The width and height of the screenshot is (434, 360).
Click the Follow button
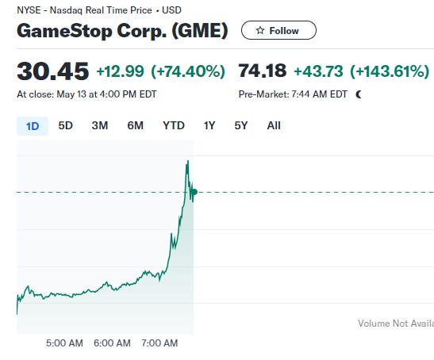tap(278, 30)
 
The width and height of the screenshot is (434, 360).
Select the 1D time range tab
tap(33, 125)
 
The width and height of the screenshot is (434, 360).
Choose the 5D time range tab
tap(66, 125)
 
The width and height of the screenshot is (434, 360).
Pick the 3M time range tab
tap(100, 125)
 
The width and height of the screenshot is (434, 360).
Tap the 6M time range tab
tap(135, 125)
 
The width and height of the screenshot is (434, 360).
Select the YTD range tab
tap(174, 125)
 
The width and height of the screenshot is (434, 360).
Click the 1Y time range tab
tap(209, 125)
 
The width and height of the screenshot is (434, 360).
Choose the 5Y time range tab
tap(241, 125)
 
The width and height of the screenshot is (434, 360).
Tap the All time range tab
tap(274, 125)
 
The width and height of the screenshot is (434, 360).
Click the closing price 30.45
tap(52, 72)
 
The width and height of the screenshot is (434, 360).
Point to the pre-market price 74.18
tap(263, 72)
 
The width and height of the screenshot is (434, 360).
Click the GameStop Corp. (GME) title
tap(122, 31)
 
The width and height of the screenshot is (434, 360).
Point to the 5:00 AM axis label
tap(65, 343)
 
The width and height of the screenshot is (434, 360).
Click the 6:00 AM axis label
tap(112, 343)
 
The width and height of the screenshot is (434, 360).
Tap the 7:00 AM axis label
tap(159, 343)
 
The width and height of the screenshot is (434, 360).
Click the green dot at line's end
tap(194, 192)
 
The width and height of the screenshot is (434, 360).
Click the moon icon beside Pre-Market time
tap(359, 94)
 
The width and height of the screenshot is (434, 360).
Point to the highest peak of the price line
tap(187, 161)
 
